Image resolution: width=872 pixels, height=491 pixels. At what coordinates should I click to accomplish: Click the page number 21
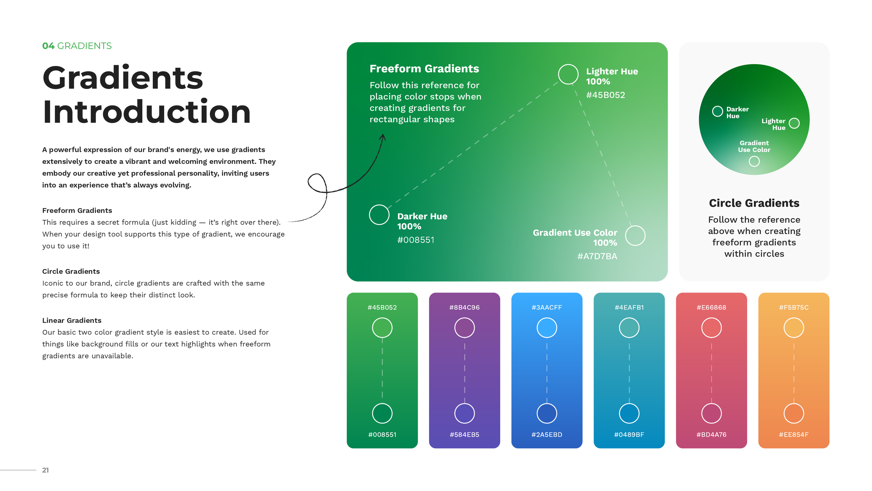pyautogui.click(x=45, y=470)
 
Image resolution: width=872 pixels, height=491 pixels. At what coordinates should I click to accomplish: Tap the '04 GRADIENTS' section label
pyautogui.click(x=77, y=46)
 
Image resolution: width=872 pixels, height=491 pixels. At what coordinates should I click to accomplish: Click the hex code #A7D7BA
pyautogui.click(x=597, y=256)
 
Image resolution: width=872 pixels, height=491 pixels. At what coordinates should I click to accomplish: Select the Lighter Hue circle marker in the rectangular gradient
pyautogui.click(x=568, y=74)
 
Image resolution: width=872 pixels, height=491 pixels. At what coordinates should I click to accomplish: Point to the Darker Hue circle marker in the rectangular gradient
pyautogui.click(x=379, y=215)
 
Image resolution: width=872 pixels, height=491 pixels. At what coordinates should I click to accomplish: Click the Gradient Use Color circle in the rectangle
pyautogui.click(x=635, y=236)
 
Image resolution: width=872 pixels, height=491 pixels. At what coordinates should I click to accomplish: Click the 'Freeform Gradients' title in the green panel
pyautogui.click(x=424, y=69)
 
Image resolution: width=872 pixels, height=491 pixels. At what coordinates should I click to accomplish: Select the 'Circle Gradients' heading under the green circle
pyautogui.click(x=754, y=203)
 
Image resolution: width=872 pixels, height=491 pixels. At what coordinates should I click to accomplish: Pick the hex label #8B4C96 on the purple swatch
pyautogui.click(x=464, y=307)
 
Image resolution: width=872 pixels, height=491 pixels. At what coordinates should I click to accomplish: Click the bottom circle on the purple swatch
pyautogui.click(x=464, y=413)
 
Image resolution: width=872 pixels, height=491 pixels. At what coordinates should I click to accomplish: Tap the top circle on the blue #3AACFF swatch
pyautogui.click(x=547, y=328)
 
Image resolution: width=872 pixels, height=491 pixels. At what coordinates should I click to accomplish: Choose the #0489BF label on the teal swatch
pyautogui.click(x=629, y=435)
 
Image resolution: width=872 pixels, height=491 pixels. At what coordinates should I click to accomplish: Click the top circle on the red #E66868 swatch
pyautogui.click(x=711, y=328)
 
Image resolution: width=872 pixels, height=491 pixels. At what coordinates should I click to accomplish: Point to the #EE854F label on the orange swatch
pyautogui.click(x=794, y=435)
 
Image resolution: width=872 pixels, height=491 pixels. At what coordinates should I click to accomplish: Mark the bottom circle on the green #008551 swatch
pyautogui.click(x=382, y=413)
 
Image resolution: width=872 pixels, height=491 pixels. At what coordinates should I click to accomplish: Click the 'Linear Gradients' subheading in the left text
pyautogui.click(x=72, y=320)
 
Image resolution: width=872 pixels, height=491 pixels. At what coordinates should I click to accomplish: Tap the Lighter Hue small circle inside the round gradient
pyautogui.click(x=794, y=123)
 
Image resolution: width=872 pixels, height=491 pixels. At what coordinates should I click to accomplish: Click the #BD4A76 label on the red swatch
pyautogui.click(x=711, y=435)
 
